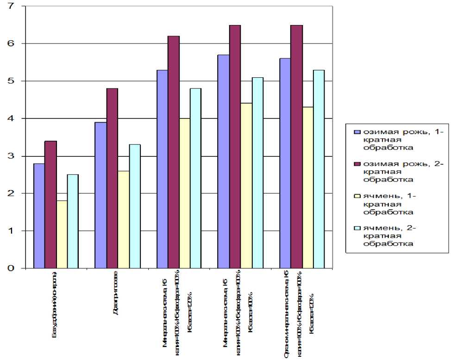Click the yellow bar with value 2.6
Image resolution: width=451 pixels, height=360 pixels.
pos(124,219)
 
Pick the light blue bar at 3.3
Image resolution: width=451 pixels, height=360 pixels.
pos(135,206)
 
